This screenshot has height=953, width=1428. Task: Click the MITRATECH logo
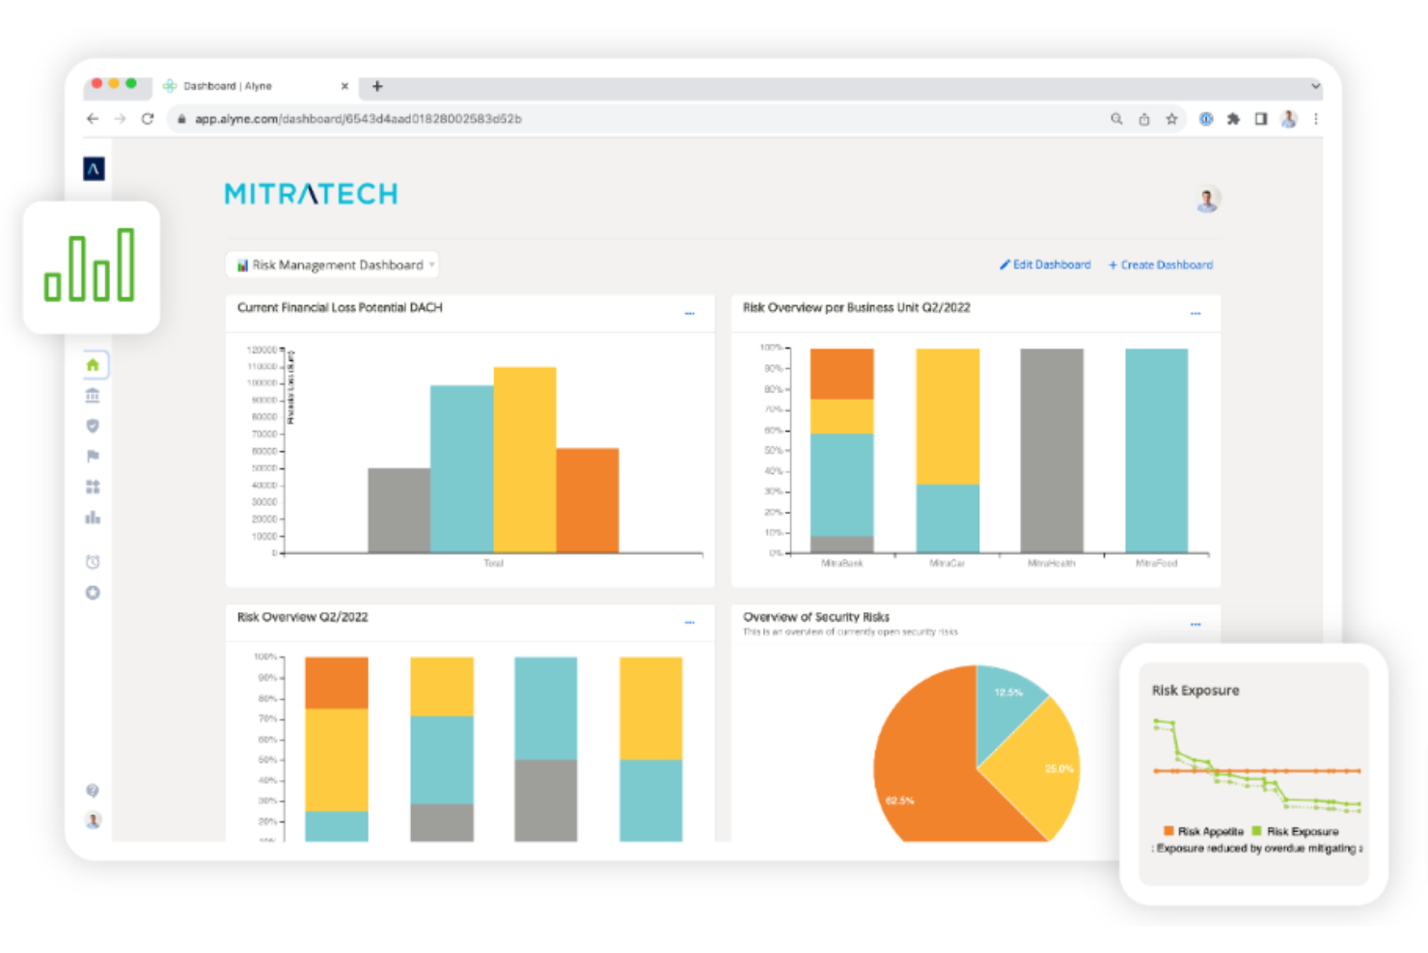coord(311,194)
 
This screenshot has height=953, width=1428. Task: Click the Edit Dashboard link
coord(1046,265)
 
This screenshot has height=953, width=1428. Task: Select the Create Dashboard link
coord(1161,265)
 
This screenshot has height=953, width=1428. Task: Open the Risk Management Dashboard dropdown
coord(333,265)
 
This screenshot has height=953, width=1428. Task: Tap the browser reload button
coord(148,119)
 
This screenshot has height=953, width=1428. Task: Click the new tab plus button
coord(377,86)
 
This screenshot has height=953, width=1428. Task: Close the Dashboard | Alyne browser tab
coord(344,86)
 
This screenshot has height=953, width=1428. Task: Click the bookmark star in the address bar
coord(1171,119)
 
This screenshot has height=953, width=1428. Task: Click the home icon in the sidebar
coord(93,365)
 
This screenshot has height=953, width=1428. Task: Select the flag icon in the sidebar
coord(93,456)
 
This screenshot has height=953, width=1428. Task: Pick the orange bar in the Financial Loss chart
coord(587,500)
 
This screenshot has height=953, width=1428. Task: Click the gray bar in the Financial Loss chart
coord(398,510)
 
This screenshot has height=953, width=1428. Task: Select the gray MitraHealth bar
coord(1052,450)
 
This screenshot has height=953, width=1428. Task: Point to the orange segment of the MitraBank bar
coord(841,374)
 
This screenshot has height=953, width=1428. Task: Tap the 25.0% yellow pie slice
coord(1037,768)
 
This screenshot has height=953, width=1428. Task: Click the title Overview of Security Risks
coord(815,617)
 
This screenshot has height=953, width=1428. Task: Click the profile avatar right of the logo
coord(1207,199)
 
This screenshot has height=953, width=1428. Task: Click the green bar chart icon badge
coord(91,266)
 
